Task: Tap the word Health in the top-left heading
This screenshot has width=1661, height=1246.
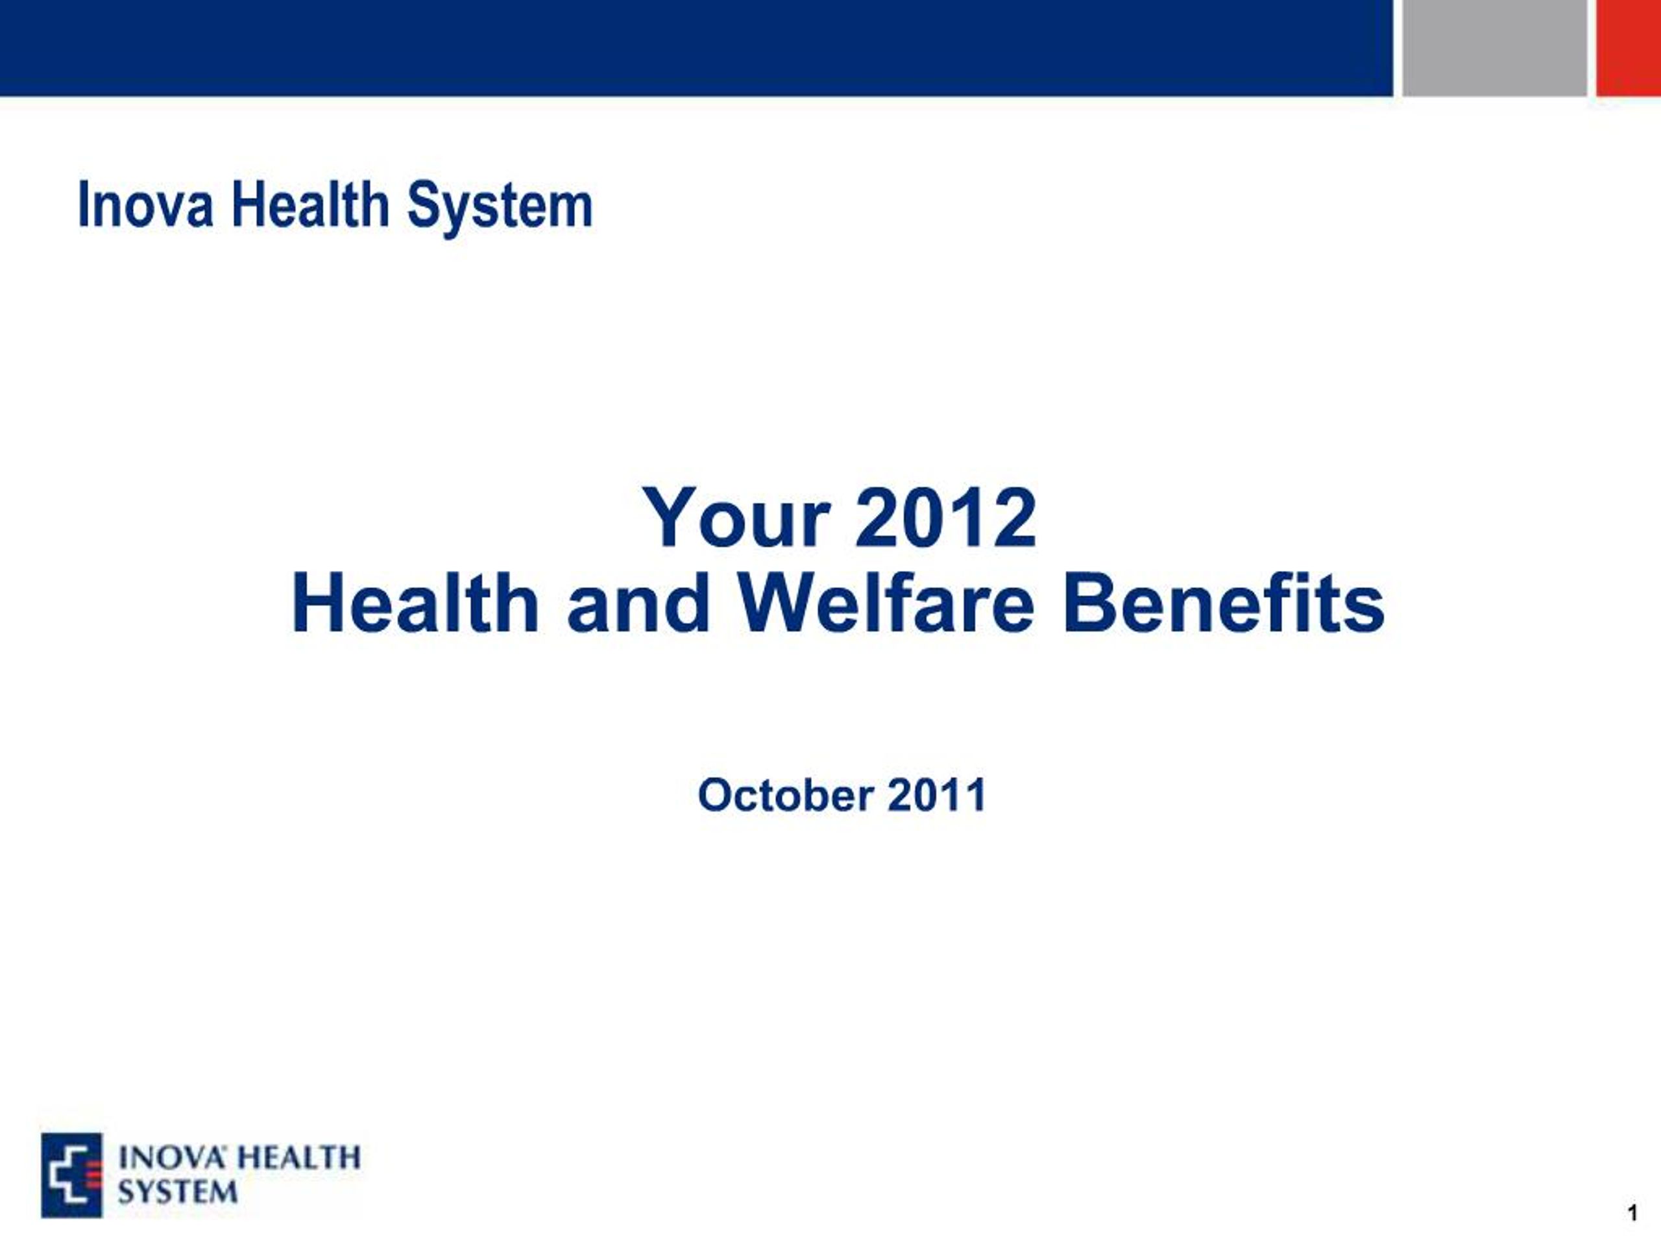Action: click(310, 204)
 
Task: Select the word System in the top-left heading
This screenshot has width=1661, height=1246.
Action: click(500, 208)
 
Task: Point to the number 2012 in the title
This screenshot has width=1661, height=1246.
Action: click(946, 519)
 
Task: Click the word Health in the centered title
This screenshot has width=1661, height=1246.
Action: click(415, 603)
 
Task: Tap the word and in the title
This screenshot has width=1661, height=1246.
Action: click(638, 603)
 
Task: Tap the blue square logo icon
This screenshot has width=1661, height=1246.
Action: click(71, 1175)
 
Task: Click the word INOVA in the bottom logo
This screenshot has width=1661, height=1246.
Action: click(171, 1157)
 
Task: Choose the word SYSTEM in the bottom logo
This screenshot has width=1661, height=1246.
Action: click(178, 1191)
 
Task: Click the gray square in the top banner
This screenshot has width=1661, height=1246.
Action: click(1494, 48)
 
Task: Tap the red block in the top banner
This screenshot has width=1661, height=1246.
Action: click(1629, 48)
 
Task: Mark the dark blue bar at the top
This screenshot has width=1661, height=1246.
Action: click(696, 48)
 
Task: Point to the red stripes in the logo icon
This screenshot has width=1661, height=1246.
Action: click(93, 1175)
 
